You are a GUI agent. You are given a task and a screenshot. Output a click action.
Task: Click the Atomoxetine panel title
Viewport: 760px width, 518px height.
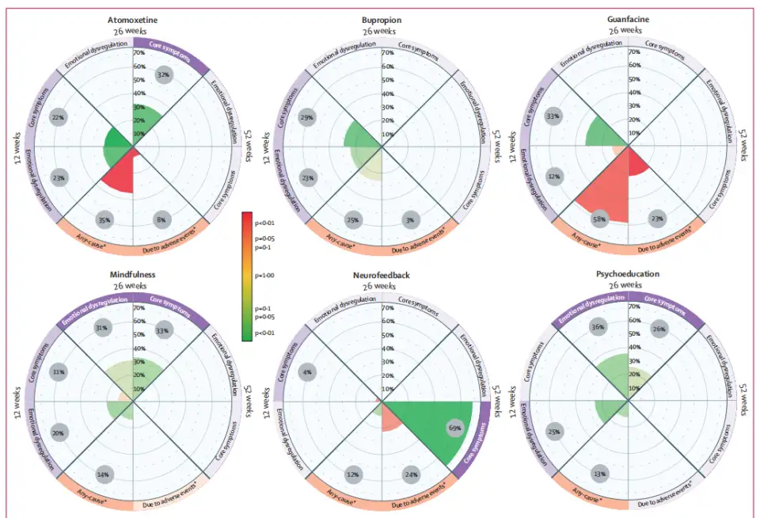click(x=134, y=19)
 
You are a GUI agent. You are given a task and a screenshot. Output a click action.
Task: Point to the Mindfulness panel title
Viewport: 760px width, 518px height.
click(x=134, y=274)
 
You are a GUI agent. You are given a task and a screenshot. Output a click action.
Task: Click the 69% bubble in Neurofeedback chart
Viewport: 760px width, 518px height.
click(x=454, y=428)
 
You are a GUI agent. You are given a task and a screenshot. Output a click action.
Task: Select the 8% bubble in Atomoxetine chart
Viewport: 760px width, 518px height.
click(x=162, y=219)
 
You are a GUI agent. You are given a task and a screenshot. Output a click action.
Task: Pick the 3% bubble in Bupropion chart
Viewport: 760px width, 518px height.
click(x=409, y=219)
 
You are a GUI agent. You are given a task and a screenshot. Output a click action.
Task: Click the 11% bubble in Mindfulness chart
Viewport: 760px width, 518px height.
click(x=57, y=371)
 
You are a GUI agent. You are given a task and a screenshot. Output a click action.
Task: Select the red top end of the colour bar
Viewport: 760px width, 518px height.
click(x=248, y=217)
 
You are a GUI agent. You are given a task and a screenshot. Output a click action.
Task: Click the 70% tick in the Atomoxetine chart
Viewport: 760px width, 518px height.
click(x=139, y=54)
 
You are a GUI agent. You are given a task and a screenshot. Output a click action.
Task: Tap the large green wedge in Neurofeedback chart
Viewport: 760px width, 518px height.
click(x=427, y=428)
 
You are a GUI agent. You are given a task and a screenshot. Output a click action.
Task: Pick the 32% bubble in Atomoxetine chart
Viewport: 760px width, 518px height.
click(x=163, y=75)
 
